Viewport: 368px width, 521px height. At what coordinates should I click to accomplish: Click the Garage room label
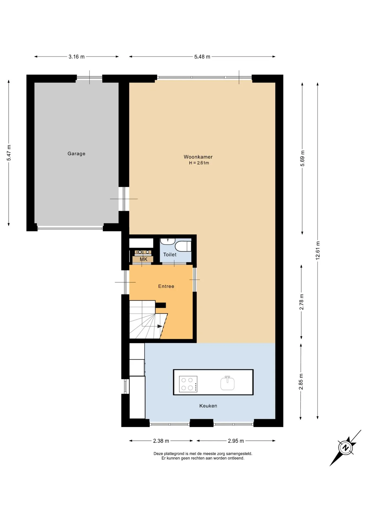tap(76, 154)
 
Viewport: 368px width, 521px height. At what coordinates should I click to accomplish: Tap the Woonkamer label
tap(198, 157)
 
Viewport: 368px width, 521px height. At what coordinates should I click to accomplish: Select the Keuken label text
tap(208, 406)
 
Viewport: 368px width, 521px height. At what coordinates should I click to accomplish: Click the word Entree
tap(166, 286)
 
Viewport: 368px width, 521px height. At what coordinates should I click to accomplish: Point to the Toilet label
tap(170, 255)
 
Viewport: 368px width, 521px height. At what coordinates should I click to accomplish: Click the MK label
tap(144, 259)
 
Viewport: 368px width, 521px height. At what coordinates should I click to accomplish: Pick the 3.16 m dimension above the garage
tap(76, 57)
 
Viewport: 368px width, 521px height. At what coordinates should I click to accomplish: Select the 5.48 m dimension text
tap(202, 57)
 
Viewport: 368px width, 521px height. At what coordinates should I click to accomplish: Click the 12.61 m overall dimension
tap(318, 250)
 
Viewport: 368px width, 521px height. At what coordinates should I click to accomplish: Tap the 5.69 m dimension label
tap(303, 158)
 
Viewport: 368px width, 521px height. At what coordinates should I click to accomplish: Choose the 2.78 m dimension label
tap(302, 302)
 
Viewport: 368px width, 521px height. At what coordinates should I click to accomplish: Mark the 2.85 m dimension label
tap(301, 382)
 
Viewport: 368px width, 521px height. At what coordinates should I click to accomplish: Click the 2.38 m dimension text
tap(161, 441)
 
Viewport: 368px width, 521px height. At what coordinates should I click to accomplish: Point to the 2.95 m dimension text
tap(236, 441)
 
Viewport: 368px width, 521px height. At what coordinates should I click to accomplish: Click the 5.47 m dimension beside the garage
tap(9, 153)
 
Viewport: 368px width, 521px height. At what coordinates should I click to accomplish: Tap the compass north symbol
tap(346, 448)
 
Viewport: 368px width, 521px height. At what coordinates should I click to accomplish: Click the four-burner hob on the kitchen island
tap(188, 384)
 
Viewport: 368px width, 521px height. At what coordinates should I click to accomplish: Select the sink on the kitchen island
tap(227, 383)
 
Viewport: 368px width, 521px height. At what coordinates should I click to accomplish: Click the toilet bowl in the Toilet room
tap(183, 247)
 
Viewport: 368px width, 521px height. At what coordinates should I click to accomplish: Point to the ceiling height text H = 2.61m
tap(199, 163)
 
